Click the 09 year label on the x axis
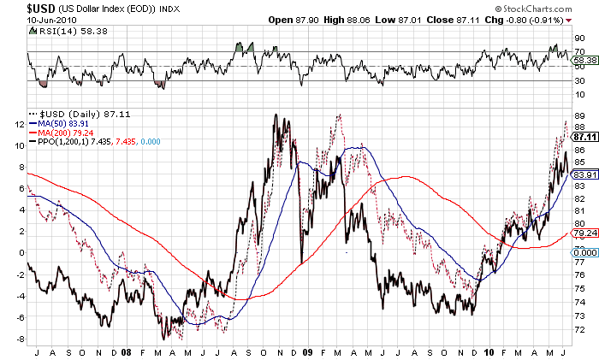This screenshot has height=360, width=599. pyautogui.click(x=306, y=351)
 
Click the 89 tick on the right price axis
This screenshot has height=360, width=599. pyautogui.click(x=579, y=115)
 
